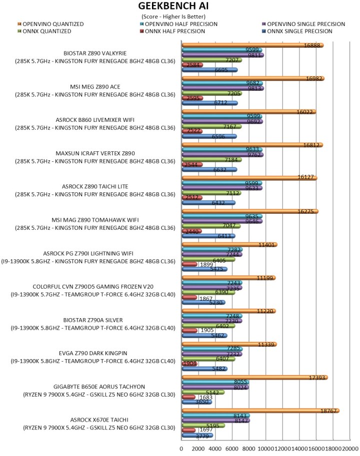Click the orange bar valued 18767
[260, 411]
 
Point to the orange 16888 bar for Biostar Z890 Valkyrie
[252, 45]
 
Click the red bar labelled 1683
[188, 397]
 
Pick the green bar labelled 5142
[202, 392]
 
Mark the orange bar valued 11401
[229, 245]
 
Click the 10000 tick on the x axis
[265, 449]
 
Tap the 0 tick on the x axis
[181, 449]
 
